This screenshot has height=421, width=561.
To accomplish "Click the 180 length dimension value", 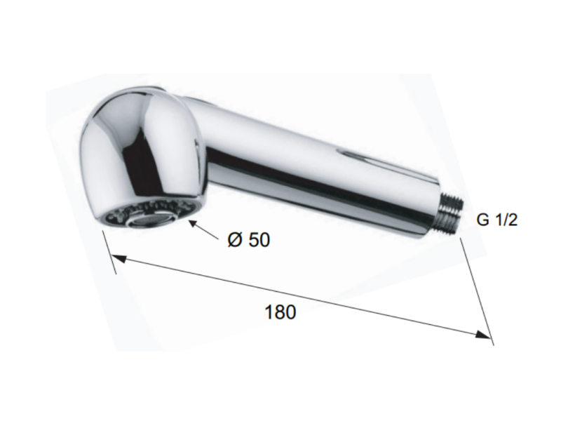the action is [x=280, y=312].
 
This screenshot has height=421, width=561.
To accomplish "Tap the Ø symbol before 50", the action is [x=235, y=239].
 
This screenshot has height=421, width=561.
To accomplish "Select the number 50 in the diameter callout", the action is [x=259, y=239].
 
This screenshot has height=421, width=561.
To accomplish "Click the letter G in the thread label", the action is [x=482, y=220].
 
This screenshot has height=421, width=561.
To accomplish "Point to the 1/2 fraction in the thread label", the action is [x=506, y=220].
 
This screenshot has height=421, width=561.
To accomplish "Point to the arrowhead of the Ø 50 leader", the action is [x=194, y=224].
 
